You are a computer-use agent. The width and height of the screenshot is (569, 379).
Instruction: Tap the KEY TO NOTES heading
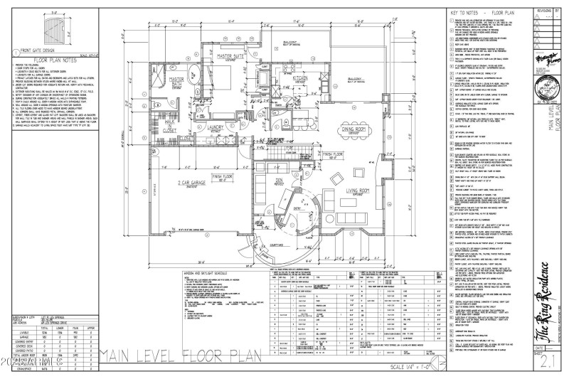pyautogui.click(x=480, y=14)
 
